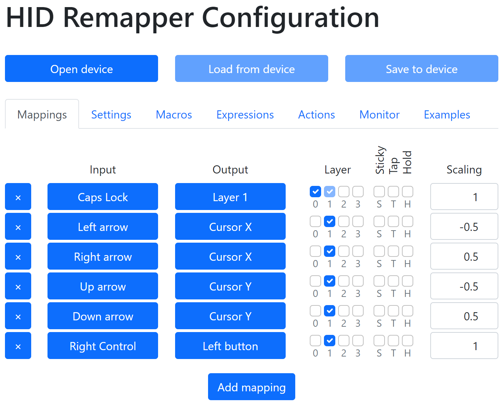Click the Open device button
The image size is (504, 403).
tap(82, 68)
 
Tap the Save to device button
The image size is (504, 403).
tap(421, 68)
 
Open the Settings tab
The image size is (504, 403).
tap(111, 115)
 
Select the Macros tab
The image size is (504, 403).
tap(174, 115)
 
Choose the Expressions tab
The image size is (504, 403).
tap(245, 115)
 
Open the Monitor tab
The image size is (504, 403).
tap(379, 115)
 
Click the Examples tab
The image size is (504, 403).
tap(447, 115)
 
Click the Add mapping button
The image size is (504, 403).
tap(251, 387)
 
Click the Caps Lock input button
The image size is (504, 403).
tap(103, 197)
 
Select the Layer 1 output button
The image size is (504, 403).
tap(230, 197)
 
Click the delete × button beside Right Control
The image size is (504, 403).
tap(18, 346)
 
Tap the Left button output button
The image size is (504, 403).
tap(230, 346)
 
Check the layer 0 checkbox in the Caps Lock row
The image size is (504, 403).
tap(315, 192)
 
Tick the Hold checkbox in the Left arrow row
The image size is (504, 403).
tap(408, 221)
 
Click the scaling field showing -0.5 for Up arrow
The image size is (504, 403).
tap(464, 286)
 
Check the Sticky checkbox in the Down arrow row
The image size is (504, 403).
tap(379, 311)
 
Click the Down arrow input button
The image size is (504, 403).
tap(103, 316)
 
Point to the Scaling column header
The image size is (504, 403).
tap(464, 170)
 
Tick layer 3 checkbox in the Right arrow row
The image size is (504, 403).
tap(358, 251)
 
